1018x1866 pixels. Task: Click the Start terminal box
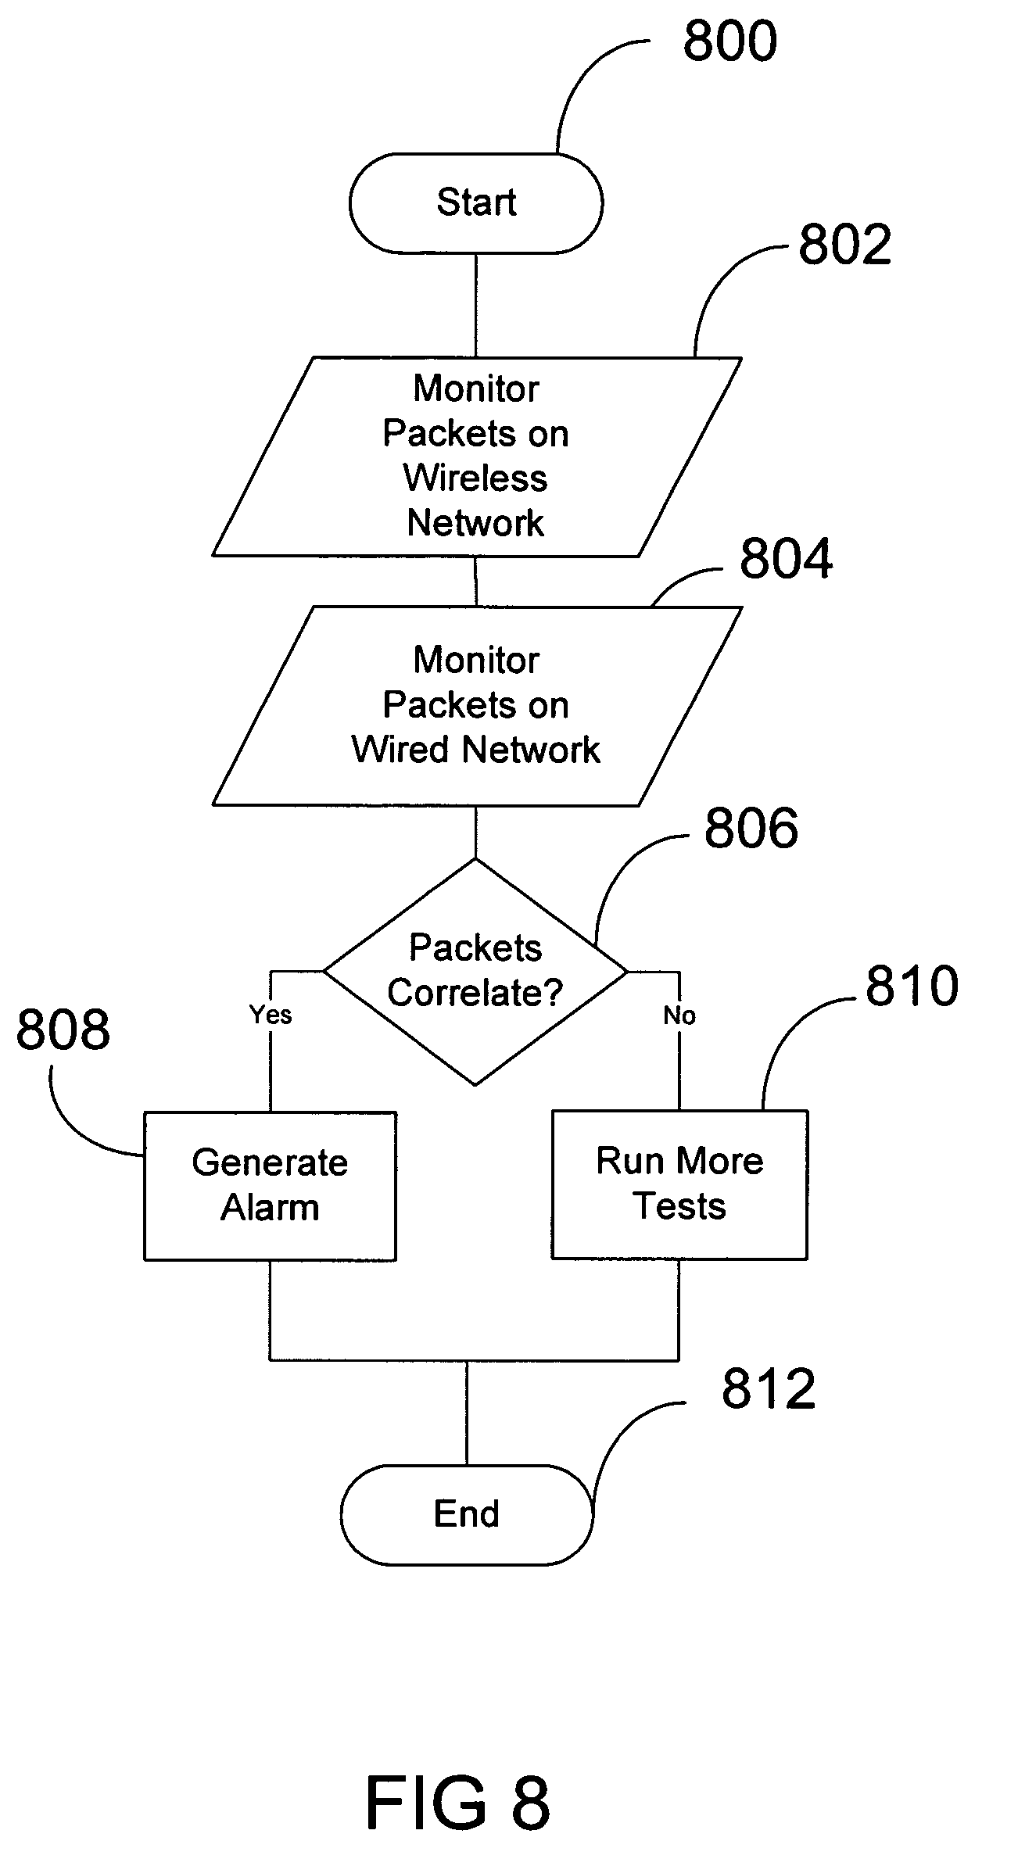pyautogui.click(x=475, y=202)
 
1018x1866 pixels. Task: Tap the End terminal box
pyautogui.click(x=466, y=1513)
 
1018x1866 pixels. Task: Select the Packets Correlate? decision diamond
pyautogui.click(x=475, y=971)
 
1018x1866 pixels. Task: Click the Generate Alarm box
pyautogui.click(x=270, y=1185)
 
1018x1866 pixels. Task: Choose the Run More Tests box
pyautogui.click(x=679, y=1184)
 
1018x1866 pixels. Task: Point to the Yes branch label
pyautogui.click(x=271, y=1015)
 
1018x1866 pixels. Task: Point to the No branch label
pyautogui.click(x=679, y=1015)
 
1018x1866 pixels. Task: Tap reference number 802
pyautogui.click(x=844, y=245)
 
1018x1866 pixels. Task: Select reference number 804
pyautogui.click(x=786, y=559)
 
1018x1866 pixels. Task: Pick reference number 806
pyautogui.click(x=751, y=829)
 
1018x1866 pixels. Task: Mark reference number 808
pyautogui.click(x=63, y=1029)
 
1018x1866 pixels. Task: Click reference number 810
pyautogui.click(x=912, y=986)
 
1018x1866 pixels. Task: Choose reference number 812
pyautogui.click(x=768, y=1389)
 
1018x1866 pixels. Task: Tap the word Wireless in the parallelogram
pyautogui.click(x=475, y=478)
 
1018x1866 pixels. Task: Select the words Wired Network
pyautogui.click(x=475, y=750)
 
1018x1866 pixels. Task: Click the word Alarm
pyautogui.click(x=270, y=1208)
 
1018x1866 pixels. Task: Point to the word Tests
pyautogui.click(x=679, y=1206)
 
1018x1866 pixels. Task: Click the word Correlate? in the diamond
pyautogui.click(x=475, y=993)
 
